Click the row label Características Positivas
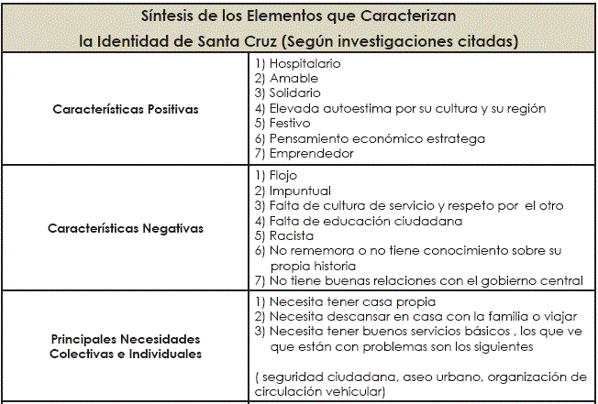(126, 109)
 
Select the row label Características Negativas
(126, 227)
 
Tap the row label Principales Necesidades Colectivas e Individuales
(126, 345)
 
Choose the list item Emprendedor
(311, 153)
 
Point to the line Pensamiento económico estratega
(377, 138)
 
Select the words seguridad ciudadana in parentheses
(316, 377)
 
